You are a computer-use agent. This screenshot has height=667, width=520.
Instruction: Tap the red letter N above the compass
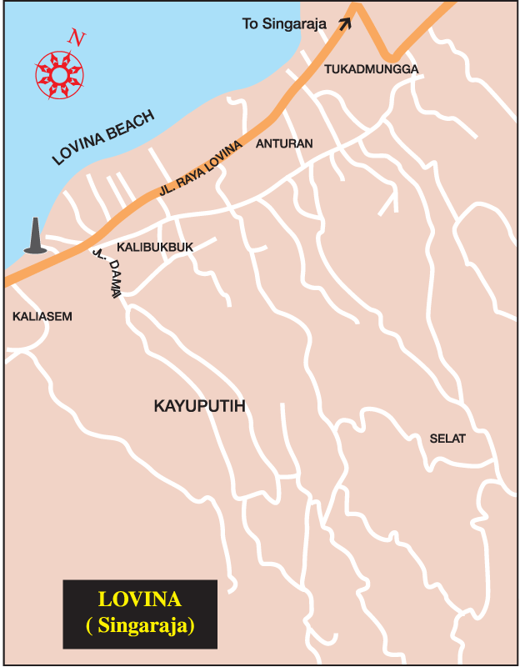(77, 38)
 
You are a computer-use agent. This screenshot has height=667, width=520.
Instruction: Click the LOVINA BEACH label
(103, 138)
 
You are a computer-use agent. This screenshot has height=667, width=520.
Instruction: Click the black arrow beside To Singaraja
(344, 23)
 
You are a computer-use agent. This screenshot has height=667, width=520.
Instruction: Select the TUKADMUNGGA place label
(371, 69)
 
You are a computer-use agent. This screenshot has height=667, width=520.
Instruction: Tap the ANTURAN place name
(285, 143)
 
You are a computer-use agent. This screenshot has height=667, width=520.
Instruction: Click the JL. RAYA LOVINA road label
(200, 170)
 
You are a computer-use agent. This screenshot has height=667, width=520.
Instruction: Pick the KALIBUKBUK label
(155, 248)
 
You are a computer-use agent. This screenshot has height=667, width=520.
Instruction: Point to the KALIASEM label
(42, 316)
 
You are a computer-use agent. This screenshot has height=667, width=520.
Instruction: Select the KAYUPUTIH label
(203, 406)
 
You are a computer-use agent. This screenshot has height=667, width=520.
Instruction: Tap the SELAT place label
(447, 439)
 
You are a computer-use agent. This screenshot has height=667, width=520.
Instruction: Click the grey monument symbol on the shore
(34, 236)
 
